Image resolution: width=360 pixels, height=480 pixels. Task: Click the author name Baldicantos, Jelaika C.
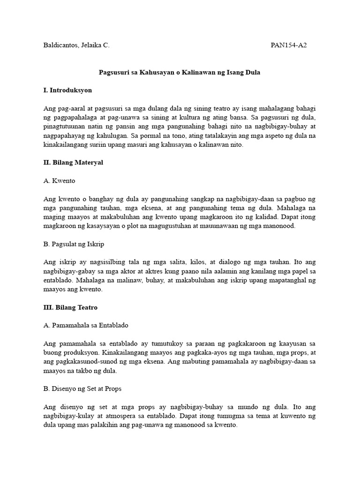(76, 45)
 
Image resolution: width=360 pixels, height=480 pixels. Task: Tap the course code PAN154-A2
(289, 45)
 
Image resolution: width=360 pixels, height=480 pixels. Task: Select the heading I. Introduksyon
(67, 90)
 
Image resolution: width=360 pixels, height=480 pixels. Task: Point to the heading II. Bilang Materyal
(73, 162)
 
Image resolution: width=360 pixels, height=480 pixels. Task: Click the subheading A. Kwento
(59, 180)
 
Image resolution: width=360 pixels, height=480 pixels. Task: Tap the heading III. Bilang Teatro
(70, 307)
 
